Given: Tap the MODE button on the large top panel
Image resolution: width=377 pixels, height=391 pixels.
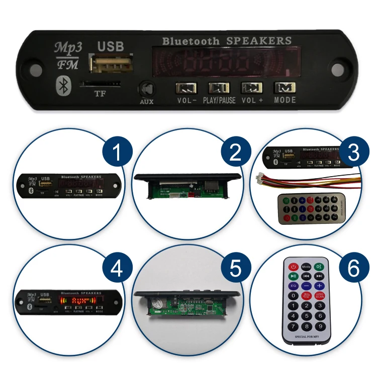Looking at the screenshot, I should click(285, 87).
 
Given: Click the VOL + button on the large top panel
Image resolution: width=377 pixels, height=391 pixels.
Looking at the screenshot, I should click(251, 88).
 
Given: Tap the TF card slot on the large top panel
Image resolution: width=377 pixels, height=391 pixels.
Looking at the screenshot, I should click(101, 84).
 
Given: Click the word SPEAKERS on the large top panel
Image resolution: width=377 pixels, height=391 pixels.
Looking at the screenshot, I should click(259, 41).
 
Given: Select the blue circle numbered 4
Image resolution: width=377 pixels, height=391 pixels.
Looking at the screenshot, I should click(117, 270).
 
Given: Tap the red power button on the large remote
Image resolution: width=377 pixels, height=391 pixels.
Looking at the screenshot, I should click(293, 267).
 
